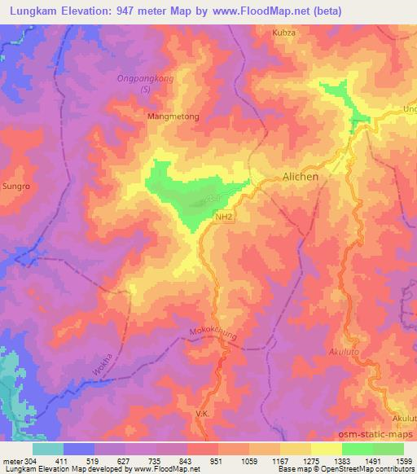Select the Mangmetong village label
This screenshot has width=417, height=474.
point(173,116)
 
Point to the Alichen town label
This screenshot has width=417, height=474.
point(301,176)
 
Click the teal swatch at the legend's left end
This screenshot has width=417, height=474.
point(48,449)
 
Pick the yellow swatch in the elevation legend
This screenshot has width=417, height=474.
point(326,449)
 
